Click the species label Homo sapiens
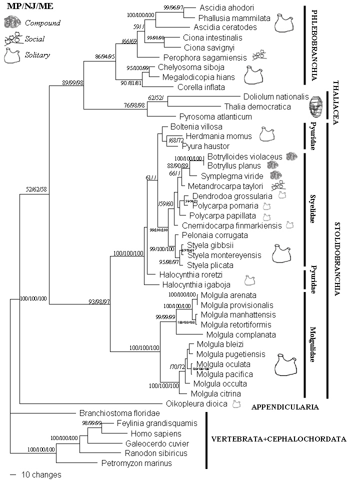coord(155,433)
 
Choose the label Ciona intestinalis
coord(212,37)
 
